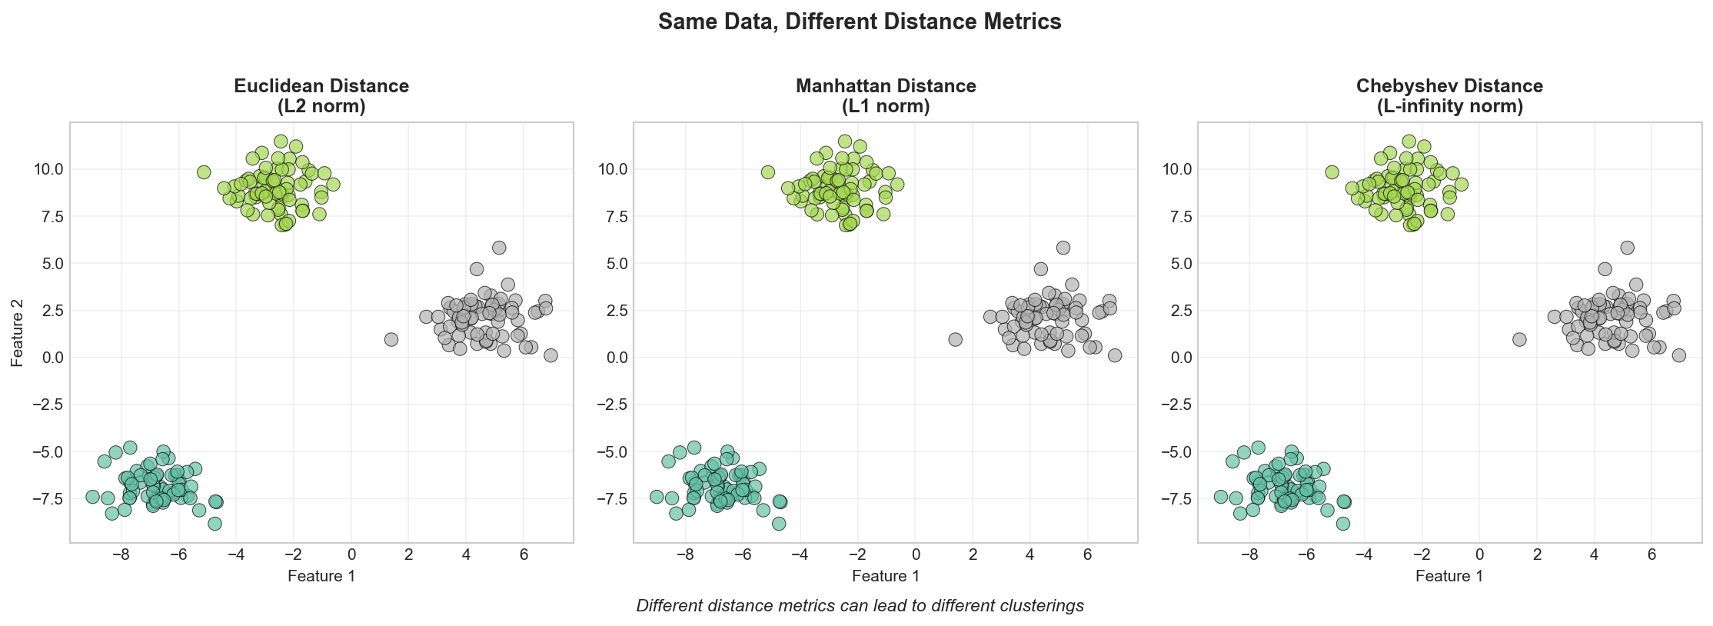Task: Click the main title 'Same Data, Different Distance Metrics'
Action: pos(860,22)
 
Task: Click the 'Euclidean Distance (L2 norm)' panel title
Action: pos(321,96)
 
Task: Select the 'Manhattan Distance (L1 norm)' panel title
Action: pos(886,96)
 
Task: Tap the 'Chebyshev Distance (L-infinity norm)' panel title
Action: pos(1449,96)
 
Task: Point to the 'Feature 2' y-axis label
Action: pos(18,333)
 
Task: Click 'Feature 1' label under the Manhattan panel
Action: pos(886,576)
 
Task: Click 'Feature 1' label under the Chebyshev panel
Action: pos(1449,576)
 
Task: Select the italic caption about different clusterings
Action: pos(860,606)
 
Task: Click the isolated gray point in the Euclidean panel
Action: pos(391,339)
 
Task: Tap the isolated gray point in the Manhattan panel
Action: pos(956,339)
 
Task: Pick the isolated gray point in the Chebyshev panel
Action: pos(1519,339)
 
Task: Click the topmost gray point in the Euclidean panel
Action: pos(499,248)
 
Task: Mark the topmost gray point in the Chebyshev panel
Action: pos(1627,248)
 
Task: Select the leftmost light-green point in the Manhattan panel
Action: pos(767,172)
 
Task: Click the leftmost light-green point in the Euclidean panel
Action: pos(204,172)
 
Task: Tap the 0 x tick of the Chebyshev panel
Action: pos(1479,555)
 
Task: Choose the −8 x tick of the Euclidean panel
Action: pos(121,555)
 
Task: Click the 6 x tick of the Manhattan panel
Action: pos(1088,555)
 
